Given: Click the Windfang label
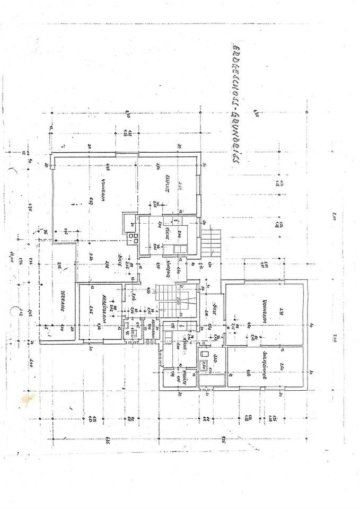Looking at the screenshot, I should [x=169, y=269].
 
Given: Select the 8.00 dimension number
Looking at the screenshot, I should [x=335, y=216].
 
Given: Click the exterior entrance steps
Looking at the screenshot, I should [x=212, y=241].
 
